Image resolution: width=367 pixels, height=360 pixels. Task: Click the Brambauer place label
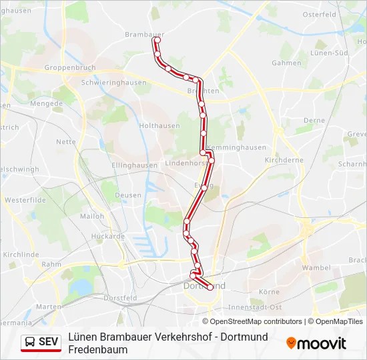[x=144, y=33]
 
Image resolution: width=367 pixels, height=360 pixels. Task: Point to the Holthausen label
[x=158, y=125]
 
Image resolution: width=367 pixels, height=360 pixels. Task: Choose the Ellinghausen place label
[x=134, y=165]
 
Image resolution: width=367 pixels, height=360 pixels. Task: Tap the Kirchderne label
[x=284, y=160]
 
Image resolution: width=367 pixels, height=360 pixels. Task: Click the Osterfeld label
[x=318, y=14]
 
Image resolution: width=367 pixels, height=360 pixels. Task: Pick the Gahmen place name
[x=286, y=63]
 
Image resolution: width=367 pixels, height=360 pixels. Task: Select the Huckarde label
[x=108, y=236]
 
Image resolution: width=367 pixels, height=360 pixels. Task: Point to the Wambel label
[x=316, y=267]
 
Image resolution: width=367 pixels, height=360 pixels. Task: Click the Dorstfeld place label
[x=120, y=298]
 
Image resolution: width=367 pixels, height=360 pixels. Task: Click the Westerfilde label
[x=24, y=199]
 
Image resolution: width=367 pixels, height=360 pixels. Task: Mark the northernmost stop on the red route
[x=157, y=40]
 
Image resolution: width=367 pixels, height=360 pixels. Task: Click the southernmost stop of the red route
[x=210, y=287]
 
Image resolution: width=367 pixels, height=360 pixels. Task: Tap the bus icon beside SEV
[x=30, y=342]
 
